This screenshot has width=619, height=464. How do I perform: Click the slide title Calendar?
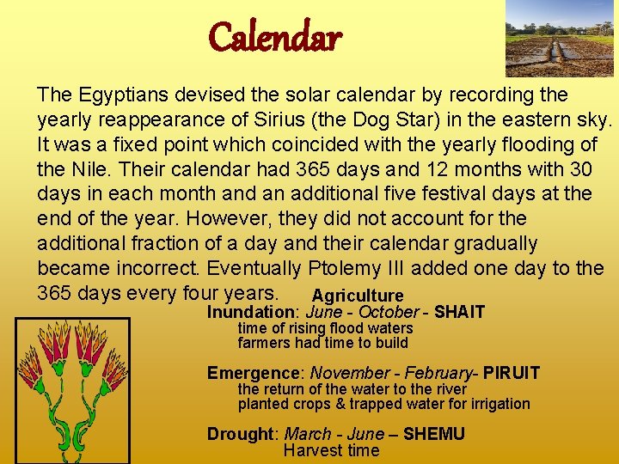275,37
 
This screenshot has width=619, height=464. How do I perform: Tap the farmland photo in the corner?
560,38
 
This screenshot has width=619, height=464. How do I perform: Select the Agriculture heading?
357,296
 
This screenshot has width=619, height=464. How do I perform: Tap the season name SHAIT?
459,312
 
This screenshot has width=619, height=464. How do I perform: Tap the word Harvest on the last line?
309,450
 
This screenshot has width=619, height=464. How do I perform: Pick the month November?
349,373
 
